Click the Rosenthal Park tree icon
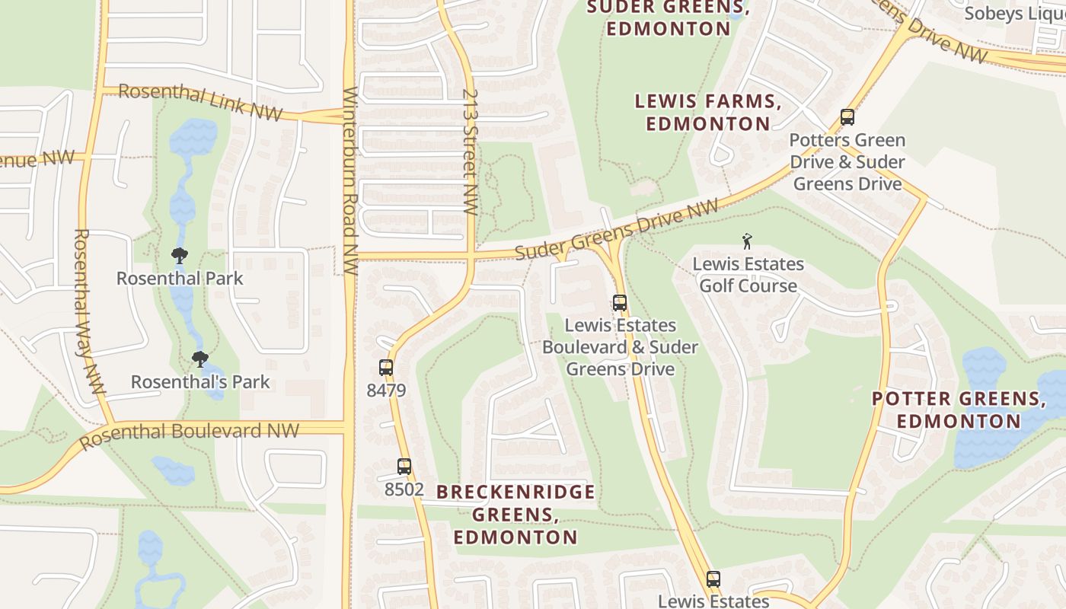coord(180,255)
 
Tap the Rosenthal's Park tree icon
coord(200,359)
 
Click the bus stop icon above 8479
coord(386,368)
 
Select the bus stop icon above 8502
coord(404,467)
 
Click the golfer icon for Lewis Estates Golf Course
coord(747,242)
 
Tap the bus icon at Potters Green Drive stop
coord(847,117)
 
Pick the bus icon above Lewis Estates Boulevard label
coord(620,303)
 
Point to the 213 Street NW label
coord(470,152)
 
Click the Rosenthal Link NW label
coord(200,101)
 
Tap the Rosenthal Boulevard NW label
coord(189,434)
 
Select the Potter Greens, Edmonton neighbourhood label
coord(959,410)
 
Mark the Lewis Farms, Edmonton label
coord(707,112)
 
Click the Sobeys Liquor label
coord(1015,14)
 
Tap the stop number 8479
coord(386,391)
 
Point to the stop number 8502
coord(404,489)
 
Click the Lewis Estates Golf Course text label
coord(748,275)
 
